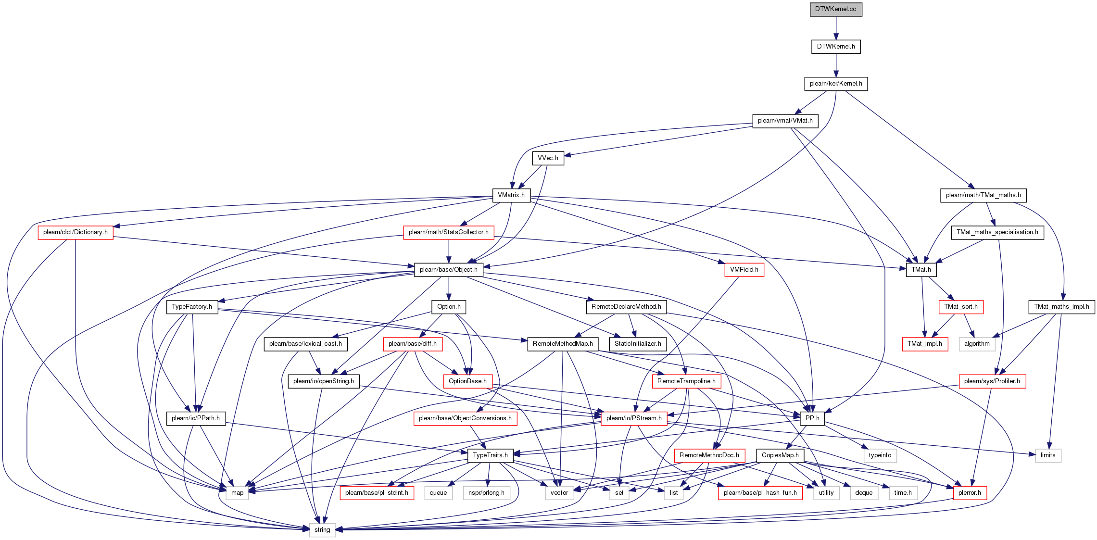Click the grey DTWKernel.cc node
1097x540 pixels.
click(836, 9)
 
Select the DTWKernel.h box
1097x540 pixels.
click(836, 47)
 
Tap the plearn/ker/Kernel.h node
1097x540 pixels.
click(836, 84)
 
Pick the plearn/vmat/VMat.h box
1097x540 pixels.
click(785, 121)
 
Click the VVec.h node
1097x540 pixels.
click(548, 158)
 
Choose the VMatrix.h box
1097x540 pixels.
click(511, 195)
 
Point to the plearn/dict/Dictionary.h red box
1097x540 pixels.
click(76, 232)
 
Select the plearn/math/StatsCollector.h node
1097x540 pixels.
click(449, 232)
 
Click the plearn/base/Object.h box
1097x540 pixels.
click(449, 270)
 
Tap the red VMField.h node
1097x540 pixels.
click(744, 270)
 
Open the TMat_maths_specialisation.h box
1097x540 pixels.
click(997, 232)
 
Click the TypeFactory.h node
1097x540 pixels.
click(192, 307)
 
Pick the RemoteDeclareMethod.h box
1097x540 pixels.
click(626, 307)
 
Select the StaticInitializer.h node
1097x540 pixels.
click(638, 344)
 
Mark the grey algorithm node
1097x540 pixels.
click(977, 344)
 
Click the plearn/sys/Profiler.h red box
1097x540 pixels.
click(992, 381)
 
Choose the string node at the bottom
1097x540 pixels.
click(322, 530)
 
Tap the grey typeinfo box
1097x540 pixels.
click(880, 455)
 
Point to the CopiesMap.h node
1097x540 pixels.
click(780, 455)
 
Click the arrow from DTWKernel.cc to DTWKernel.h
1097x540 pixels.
click(836, 28)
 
